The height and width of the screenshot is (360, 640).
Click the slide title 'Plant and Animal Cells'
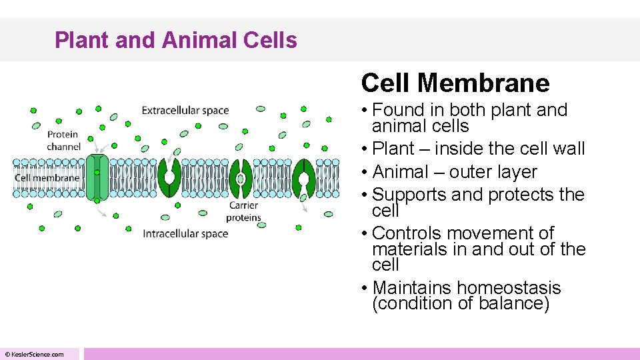pyautogui.click(x=176, y=40)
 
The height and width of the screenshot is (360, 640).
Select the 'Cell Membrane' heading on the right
pyautogui.click(x=455, y=83)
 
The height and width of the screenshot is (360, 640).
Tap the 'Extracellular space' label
pyautogui.click(x=185, y=111)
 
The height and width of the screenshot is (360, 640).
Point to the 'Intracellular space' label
pyautogui.click(x=185, y=233)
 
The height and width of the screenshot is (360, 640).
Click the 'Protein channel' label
pyautogui.click(x=63, y=141)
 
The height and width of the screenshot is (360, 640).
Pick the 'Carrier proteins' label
pyautogui.click(x=243, y=211)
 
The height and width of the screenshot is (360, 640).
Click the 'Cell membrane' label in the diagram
pyautogui.click(x=47, y=178)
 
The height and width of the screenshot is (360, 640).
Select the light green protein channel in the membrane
pyautogui.click(x=97, y=177)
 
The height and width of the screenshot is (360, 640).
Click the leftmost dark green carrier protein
pyautogui.click(x=169, y=177)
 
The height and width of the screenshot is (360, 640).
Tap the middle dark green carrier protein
pyautogui.click(x=240, y=178)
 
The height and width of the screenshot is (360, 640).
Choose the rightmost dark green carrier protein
pyautogui.click(x=303, y=178)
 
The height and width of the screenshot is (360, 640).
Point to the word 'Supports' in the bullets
pyautogui.click(x=409, y=195)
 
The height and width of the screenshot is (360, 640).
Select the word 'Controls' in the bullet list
pyautogui.click(x=408, y=233)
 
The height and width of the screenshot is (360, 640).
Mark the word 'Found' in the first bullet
pyautogui.click(x=399, y=110)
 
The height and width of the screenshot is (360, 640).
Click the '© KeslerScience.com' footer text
pyautogui.click(x=35, y=355)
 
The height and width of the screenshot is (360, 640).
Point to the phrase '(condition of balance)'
pyautogui.click(x=460, y=303)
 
